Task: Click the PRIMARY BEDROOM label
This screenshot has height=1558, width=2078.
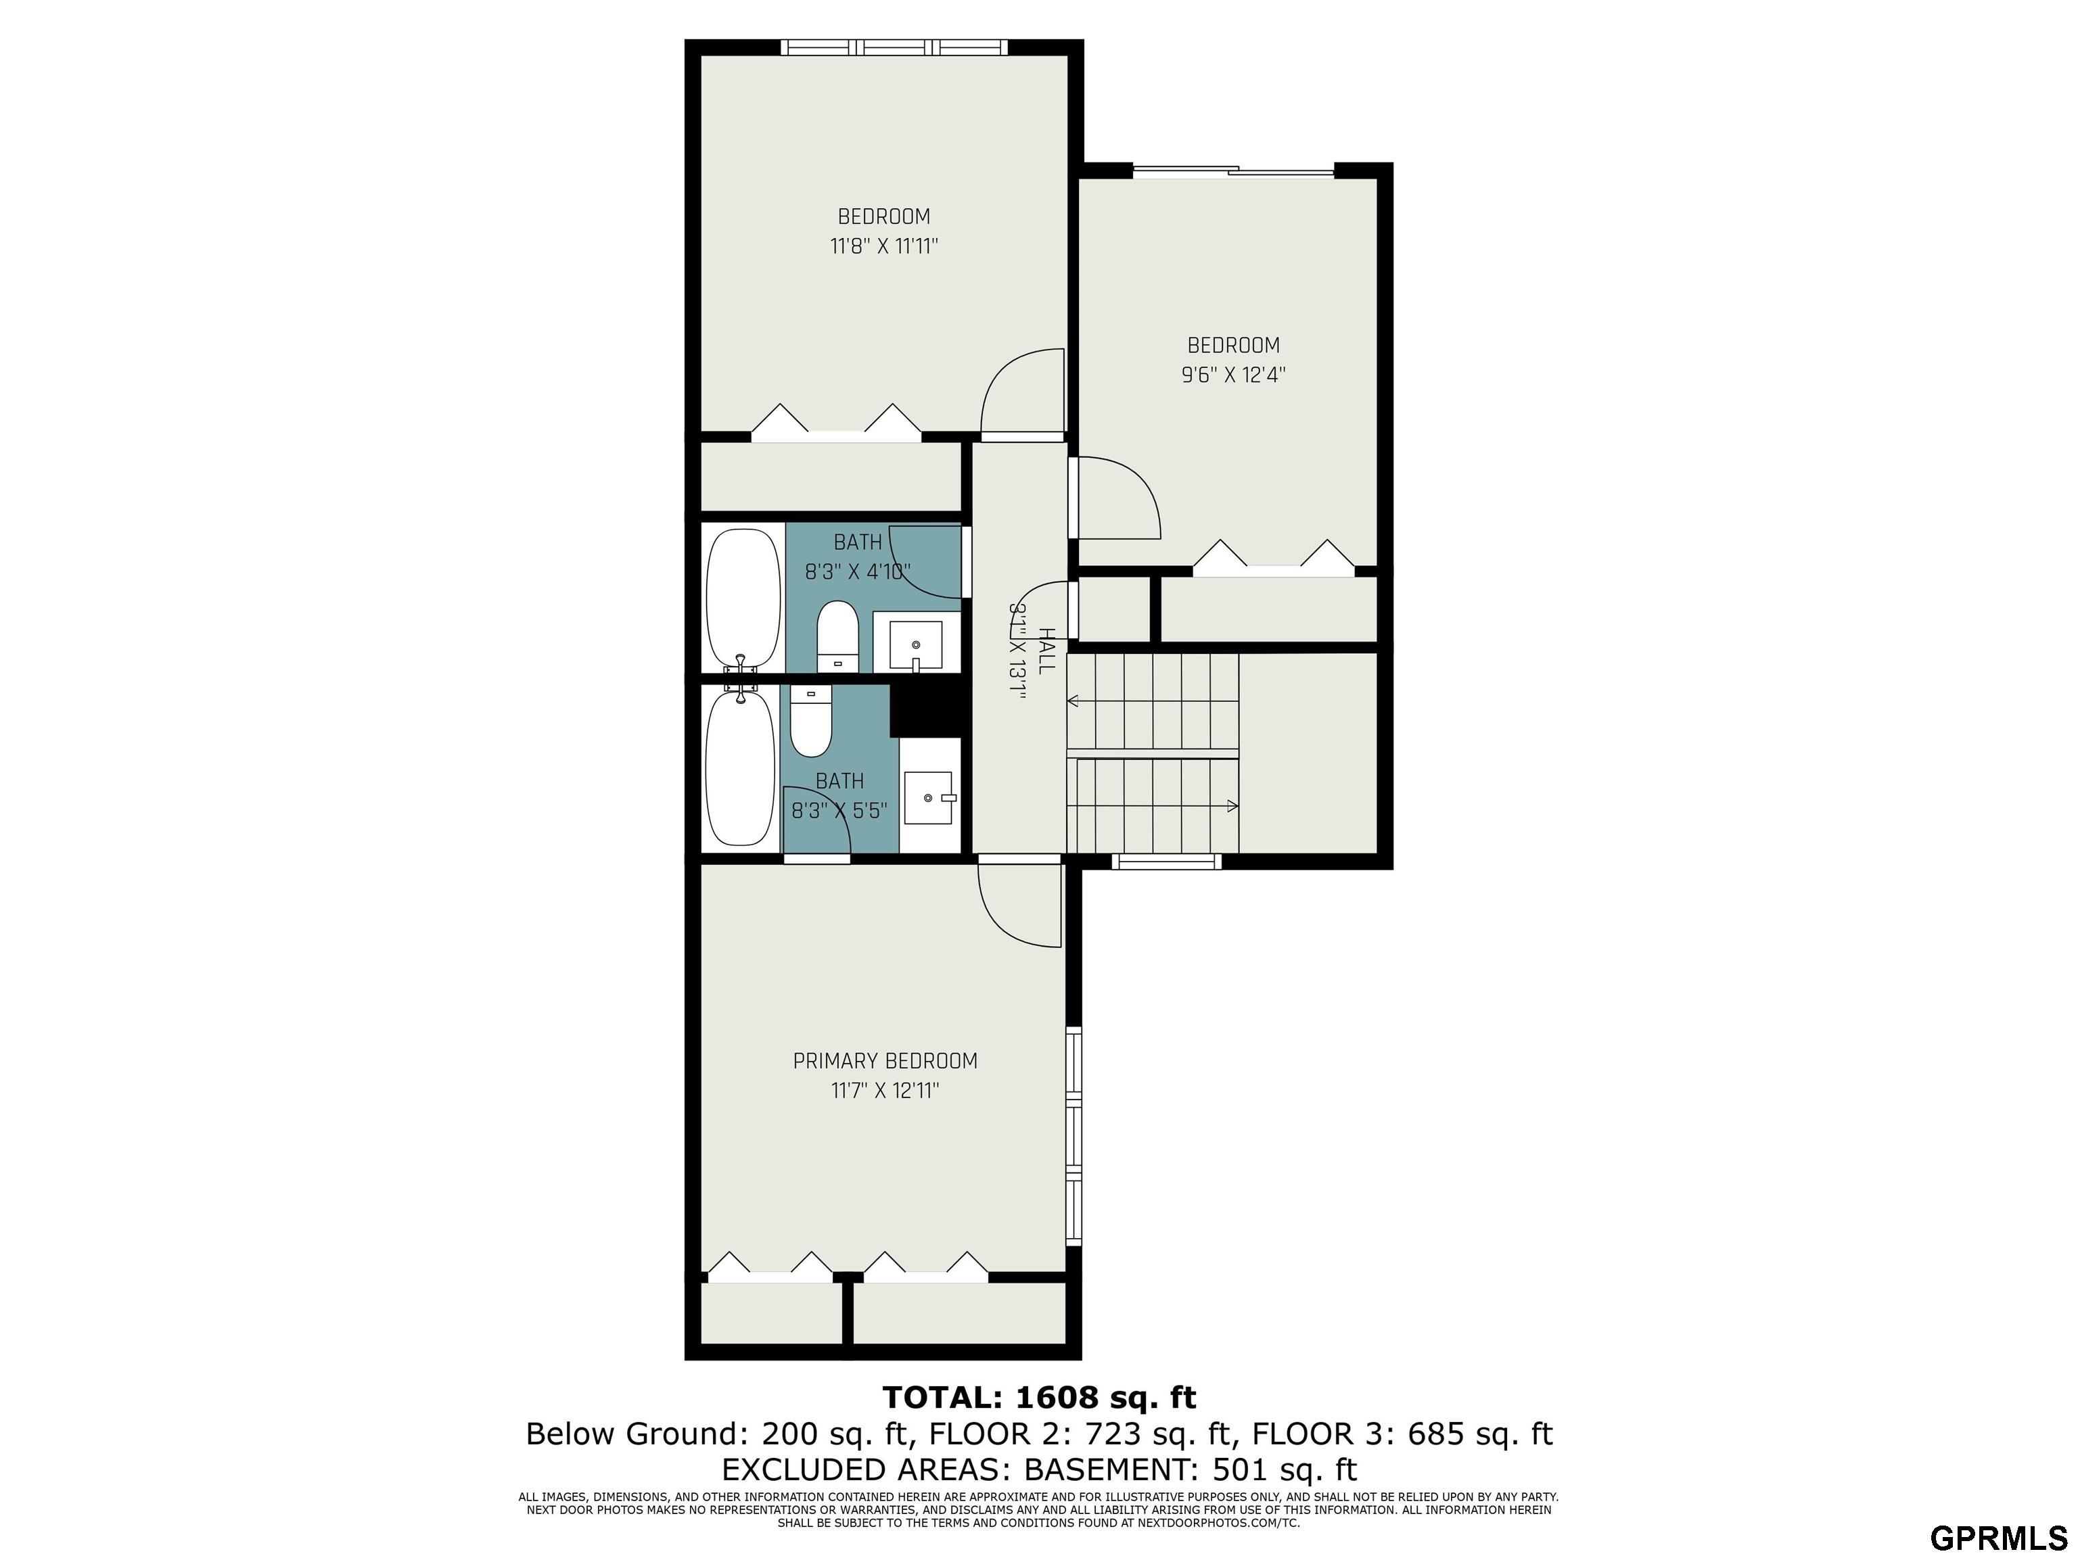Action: [885, 1061]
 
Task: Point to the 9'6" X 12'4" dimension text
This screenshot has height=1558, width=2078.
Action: [1233, 375]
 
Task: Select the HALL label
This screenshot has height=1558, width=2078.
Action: [1046, 651]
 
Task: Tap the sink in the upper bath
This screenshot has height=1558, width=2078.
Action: [916, 643]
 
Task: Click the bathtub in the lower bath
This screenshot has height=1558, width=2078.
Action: [742, 768]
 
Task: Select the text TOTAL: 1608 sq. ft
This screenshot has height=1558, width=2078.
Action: [1039, 1398]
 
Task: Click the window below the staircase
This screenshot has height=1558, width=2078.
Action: [1167, 861]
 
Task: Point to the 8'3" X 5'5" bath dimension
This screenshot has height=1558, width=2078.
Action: [839, 811]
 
